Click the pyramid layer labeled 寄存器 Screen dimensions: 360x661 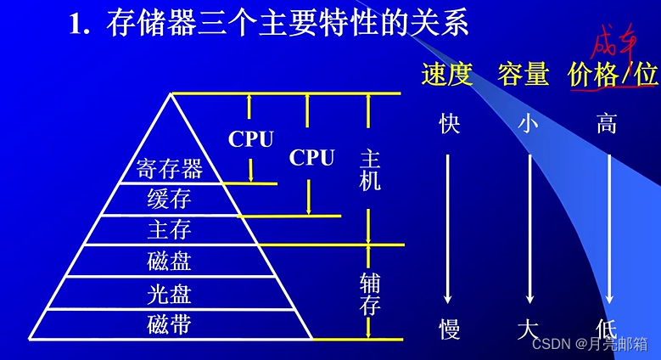point(170,169)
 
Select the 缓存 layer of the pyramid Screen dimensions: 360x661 point(170,200)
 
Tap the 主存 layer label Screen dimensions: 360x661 point(170,230)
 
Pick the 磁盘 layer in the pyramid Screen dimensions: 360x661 point(170,261)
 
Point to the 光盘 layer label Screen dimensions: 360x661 point(170,293)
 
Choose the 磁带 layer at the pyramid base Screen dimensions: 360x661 point(170,323)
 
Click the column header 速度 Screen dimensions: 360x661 point(446,75)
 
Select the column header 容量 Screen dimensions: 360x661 point(524,75)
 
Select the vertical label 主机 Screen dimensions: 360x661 point(370,170)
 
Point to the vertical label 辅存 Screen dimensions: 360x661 point(370,293)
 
